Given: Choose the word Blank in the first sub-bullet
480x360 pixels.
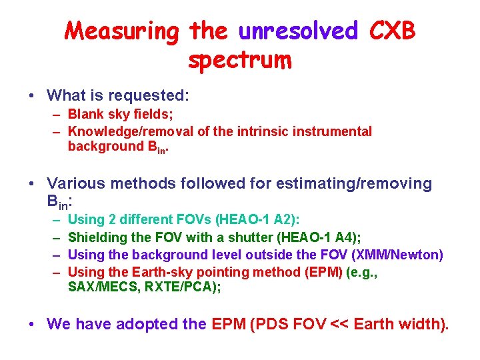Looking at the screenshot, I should tap(85, 115).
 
